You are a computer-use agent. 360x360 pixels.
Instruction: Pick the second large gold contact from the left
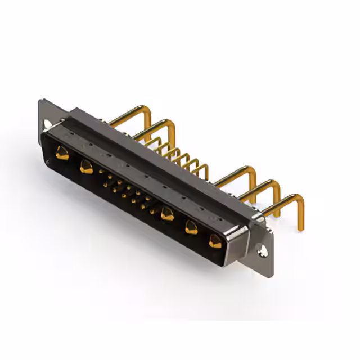[86, 166]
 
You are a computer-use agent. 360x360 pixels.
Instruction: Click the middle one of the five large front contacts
[166, 213]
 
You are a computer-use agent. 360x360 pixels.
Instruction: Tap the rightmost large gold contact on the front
[214, 242]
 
